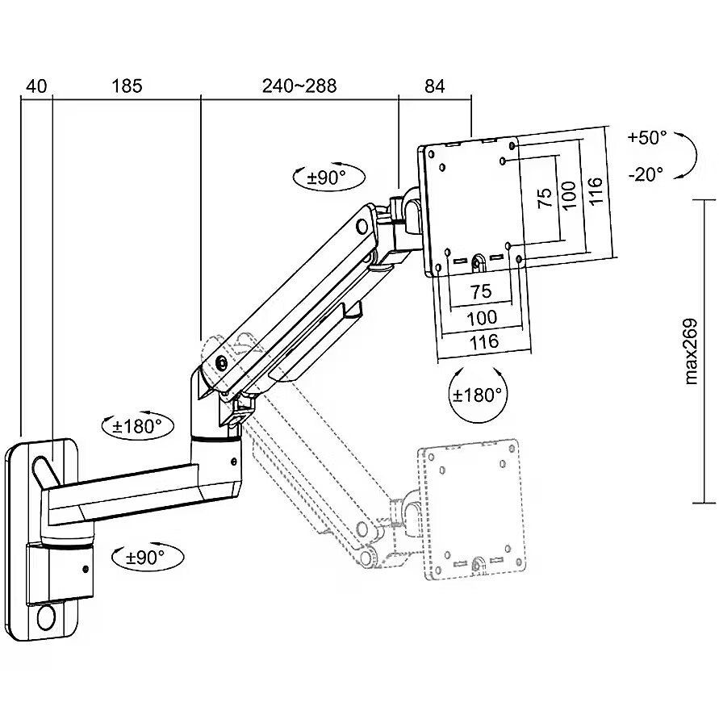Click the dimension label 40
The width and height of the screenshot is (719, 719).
click(36, 86)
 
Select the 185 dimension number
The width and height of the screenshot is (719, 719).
click(127, 86)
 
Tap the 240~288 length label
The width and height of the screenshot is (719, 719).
click(299, 86)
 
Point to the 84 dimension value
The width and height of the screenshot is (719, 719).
click(434, 86)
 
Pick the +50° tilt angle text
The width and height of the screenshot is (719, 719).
click(646, 138)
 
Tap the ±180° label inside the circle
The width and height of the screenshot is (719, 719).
click(478, 395)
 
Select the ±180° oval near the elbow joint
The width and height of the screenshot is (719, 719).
click(137, 426)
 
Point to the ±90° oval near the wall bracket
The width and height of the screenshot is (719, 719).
click(146, 557)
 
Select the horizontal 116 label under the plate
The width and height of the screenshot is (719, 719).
click(483, 341)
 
